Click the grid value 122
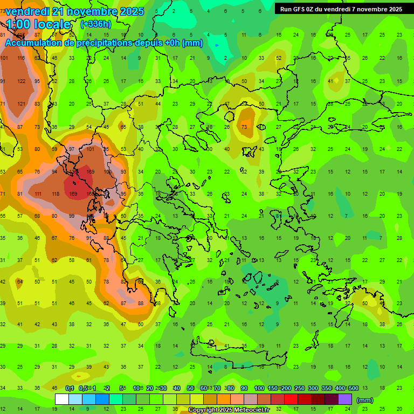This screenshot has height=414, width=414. pos(21,81)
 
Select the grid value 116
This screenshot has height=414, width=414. pos(21,58)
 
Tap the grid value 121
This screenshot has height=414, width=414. pos(21,104)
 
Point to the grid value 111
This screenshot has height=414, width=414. pos(38,194)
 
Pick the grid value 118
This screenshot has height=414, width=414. pos(56,194)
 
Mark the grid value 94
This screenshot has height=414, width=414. pos(54,172)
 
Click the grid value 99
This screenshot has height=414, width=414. pos(72,216)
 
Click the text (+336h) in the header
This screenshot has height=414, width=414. pos(96,24)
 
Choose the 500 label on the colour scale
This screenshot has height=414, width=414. pos(353,388)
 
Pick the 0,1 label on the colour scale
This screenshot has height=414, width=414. pos(70,388)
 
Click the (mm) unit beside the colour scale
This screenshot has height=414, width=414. pos(365,400)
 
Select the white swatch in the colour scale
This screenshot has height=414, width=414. pos(62,399)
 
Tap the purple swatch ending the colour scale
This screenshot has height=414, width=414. pos(346,399)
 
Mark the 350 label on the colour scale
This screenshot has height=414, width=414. pos(326,388)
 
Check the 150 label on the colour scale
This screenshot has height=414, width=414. pos(272,388)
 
